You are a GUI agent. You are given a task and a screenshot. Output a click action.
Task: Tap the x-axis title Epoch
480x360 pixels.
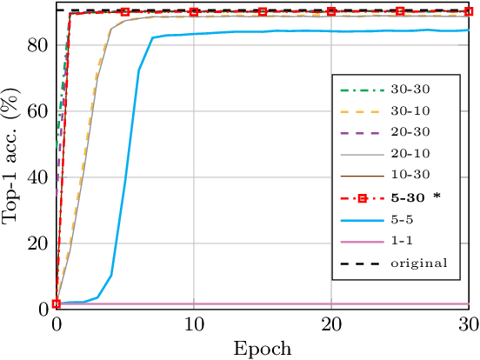click(x=263, y=349)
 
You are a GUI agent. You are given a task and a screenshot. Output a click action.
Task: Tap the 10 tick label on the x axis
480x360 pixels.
click(x=194, y=323)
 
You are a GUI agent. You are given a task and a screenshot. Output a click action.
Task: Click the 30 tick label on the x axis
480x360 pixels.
click(x=469, y=323)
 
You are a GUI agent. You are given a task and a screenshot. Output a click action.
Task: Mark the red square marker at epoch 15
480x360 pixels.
click(x=263, y=11)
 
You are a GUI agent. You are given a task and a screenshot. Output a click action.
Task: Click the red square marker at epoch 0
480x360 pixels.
click(x=57, y=303)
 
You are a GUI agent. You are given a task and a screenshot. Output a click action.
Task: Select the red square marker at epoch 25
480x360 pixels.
click(x=400, y=11)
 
